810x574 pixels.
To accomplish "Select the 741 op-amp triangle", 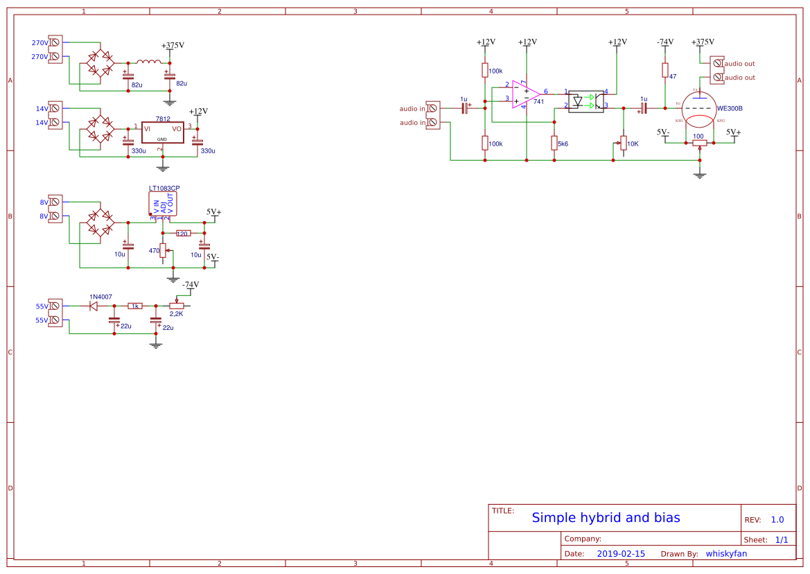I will pyautogui.click(x=525, y=94).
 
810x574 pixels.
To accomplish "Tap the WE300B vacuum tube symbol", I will pyautogui.click(x=701, y=110).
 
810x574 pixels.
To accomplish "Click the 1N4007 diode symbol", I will pyautogui.click(x=94, y=306).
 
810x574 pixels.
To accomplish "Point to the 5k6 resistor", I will pyautogui.click(x=554, y=143).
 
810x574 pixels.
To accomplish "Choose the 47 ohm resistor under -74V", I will pyautogui.click(x=664, y=70).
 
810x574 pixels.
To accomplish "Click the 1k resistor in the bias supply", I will pyautogui.click(x=135, y=306).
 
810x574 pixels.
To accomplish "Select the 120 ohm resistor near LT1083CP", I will pyautogui.click(x=183, y=234).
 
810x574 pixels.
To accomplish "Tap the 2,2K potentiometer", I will pyautogui.click(x=177, y=306).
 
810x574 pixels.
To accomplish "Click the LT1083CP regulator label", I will pyautogui.click(x=164, y=188).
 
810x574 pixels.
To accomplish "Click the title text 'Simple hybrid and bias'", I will pyautogui.click(x=606, y=518).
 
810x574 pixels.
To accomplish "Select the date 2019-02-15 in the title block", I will pyautogui.click(x=621, y=554).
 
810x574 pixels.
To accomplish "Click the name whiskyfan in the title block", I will pyautogui.click(x=726, y=554).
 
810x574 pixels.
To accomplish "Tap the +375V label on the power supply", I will pyautogui.click(x=173, y=45).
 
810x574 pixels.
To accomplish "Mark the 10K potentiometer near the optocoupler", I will pyautogui.click(x=623, y=143).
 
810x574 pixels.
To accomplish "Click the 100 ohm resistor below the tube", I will pyautogui.click(x=700, y=143).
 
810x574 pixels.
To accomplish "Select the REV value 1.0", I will pyautogui.click(x=777, y=520).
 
